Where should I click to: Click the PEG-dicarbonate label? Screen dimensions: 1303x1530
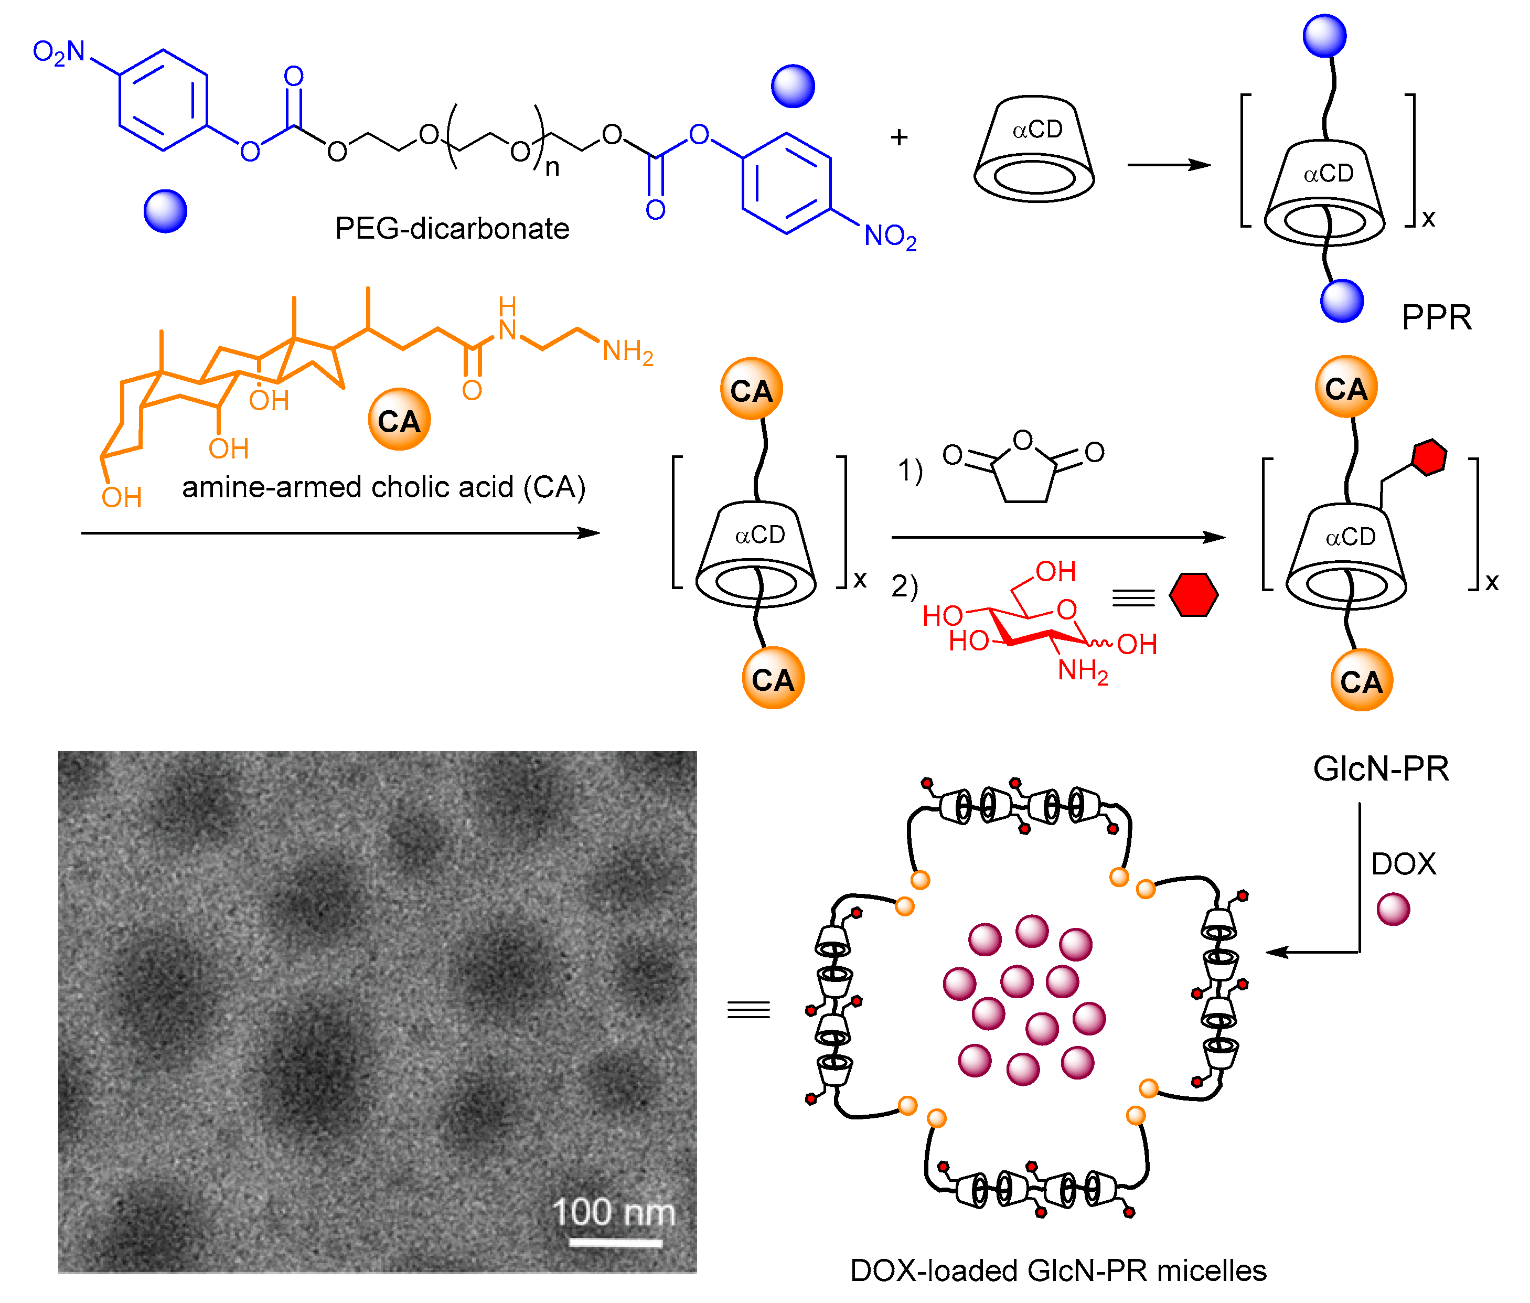pos(452,229)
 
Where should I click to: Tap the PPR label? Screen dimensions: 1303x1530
pos(1436,318)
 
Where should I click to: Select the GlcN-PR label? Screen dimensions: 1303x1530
pos(1380,769)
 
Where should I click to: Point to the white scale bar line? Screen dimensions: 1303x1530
pos(615,1243)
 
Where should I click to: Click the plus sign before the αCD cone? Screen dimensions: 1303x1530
pos(898,137)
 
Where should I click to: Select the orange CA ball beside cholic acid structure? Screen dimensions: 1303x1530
pos(399,420)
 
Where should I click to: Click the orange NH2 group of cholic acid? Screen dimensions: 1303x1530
pos(628,351)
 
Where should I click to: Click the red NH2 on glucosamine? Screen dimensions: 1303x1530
pos(1083,671)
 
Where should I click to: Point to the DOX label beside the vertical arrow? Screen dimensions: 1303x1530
pos(1403,863)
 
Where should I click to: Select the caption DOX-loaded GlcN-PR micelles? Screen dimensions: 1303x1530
pos(1057,1270)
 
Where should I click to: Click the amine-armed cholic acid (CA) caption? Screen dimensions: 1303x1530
pos(383,487)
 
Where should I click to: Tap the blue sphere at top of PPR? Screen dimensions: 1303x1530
pos(1324,36)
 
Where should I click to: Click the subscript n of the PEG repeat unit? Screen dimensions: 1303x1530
pos(552,168)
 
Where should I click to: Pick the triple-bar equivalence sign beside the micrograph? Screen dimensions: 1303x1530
pos(748,1009)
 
